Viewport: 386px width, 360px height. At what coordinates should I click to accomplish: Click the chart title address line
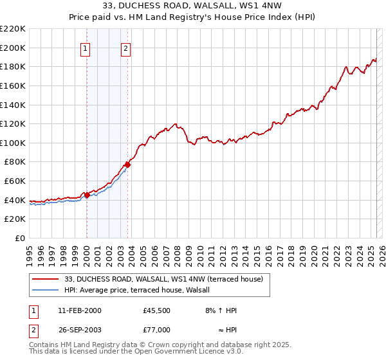point(192,6)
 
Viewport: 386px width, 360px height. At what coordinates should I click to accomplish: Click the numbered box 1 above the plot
point(86,47)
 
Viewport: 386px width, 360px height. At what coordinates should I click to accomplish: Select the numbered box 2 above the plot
point(126,47)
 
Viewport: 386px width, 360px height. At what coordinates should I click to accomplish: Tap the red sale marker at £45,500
point(87,195)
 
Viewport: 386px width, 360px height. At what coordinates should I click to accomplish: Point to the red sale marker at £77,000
point(128,165)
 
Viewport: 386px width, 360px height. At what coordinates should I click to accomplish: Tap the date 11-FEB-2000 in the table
point(79,310)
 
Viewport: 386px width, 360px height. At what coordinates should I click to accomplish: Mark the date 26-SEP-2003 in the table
point(79,329)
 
